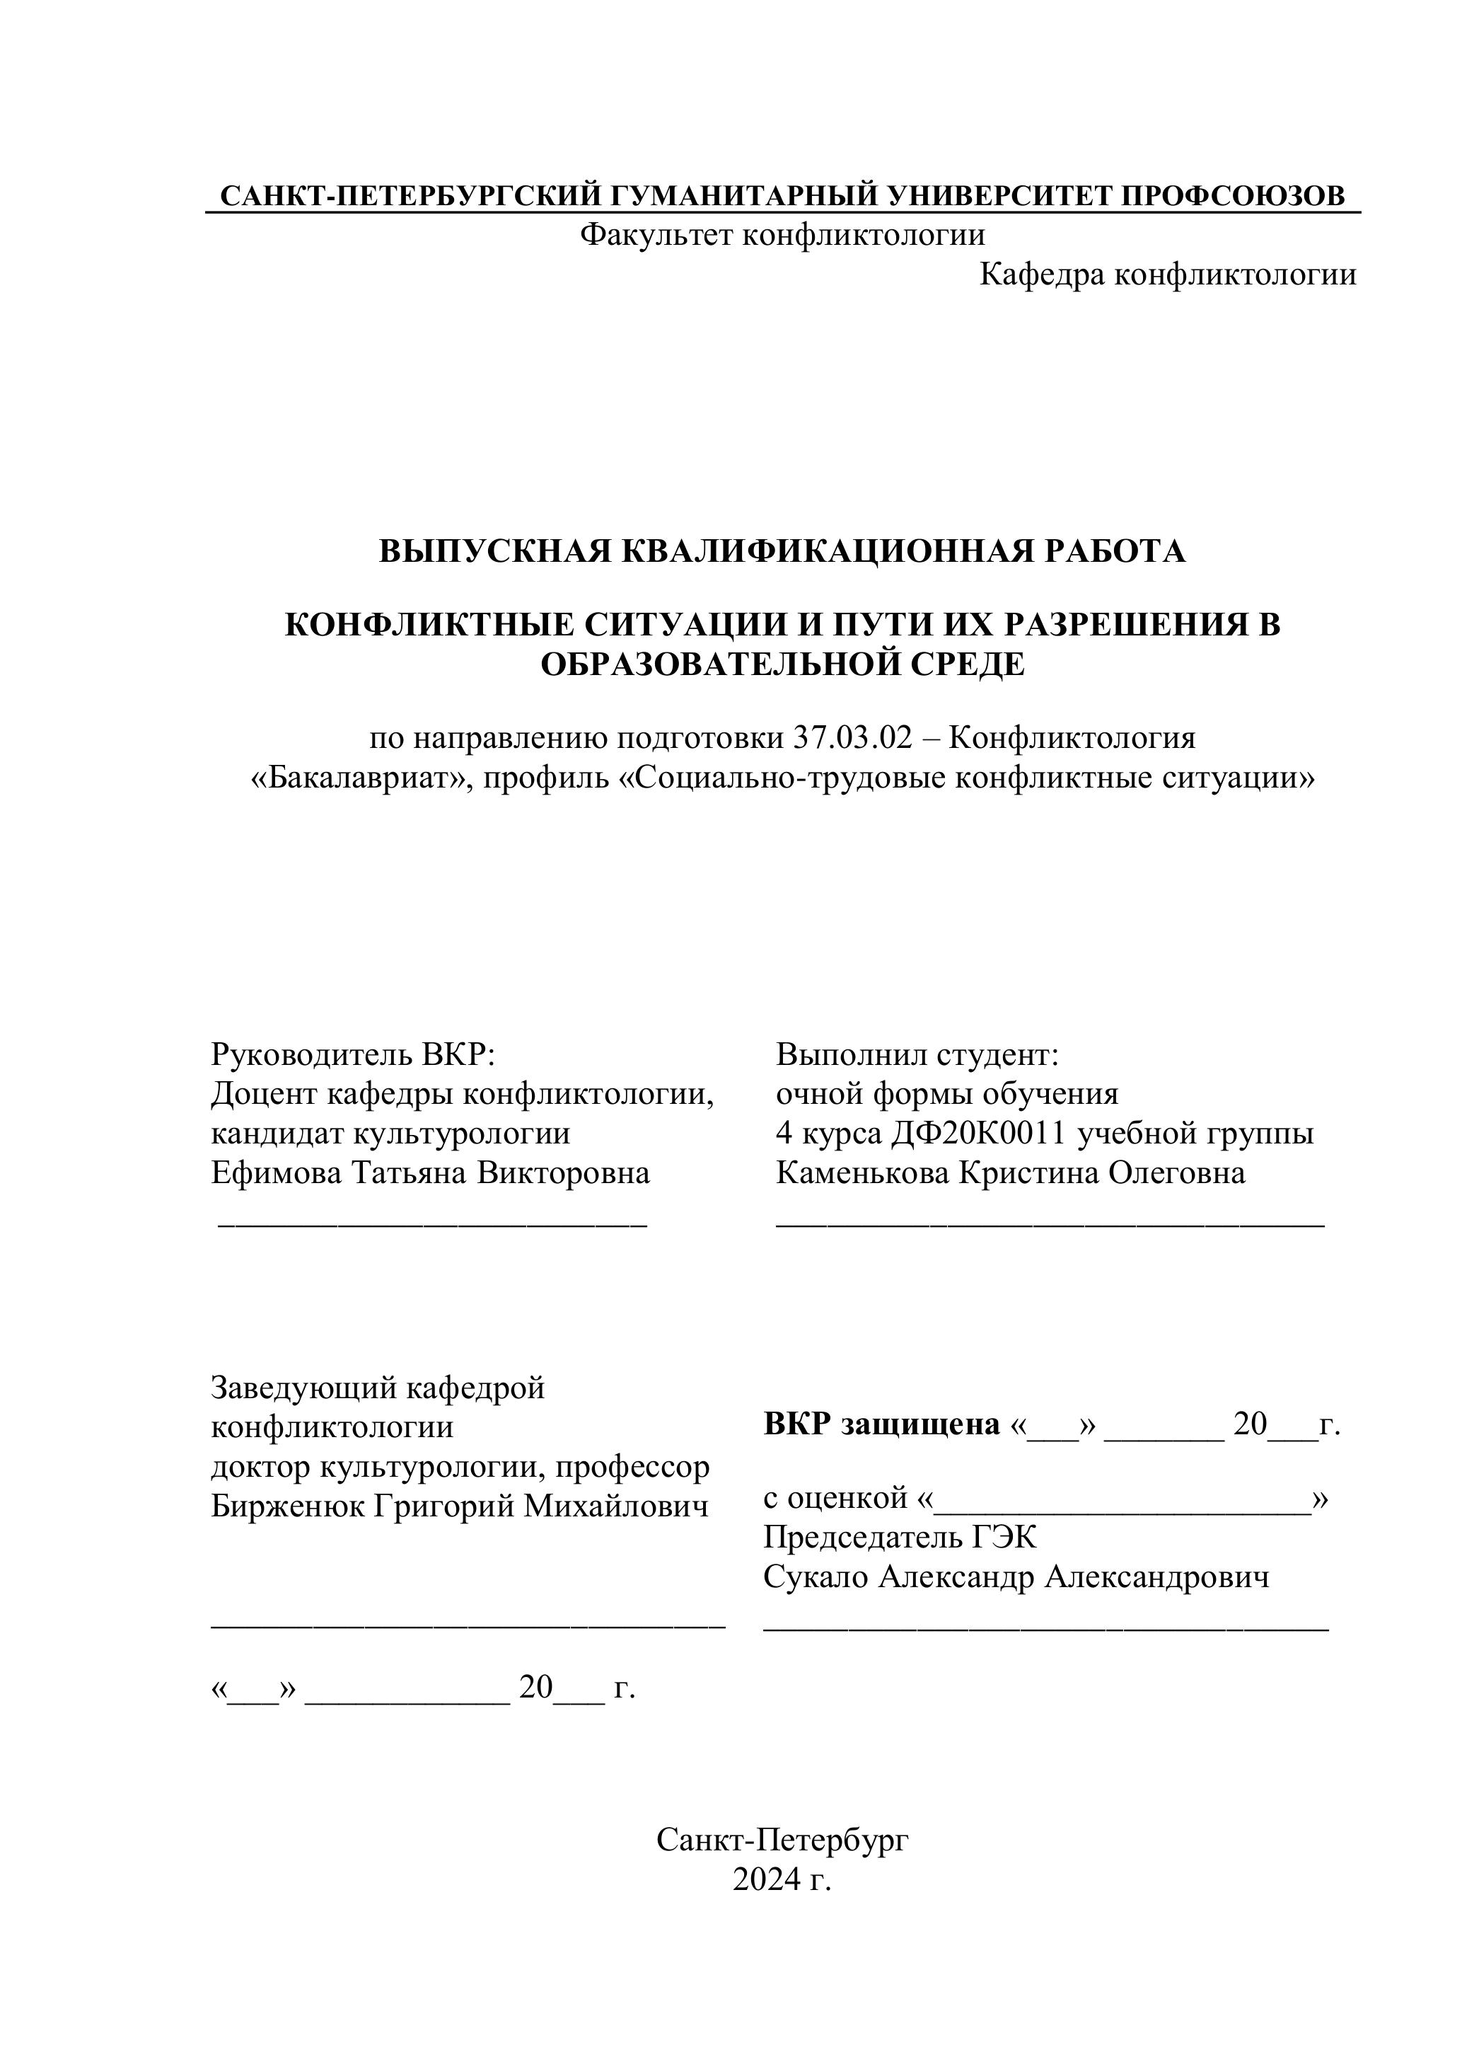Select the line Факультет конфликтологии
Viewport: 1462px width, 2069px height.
click(x=781, y=235)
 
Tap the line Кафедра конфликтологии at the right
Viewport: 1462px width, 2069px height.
click(x=1168, y=275)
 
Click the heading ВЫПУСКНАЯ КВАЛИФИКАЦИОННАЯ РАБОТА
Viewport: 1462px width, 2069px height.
click(x=782, y=551)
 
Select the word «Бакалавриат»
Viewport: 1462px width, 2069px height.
click(x=361, y=778)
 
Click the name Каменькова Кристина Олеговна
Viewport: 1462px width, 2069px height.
click(x=1010, y=1173)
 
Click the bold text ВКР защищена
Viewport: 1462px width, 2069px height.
click(x=881, y=1424)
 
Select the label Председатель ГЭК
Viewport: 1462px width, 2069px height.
click(x=899, y=1538)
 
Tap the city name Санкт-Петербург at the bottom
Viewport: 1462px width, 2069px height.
click(x=782, y=1840)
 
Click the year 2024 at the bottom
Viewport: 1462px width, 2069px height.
click(x=766, y=1880)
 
